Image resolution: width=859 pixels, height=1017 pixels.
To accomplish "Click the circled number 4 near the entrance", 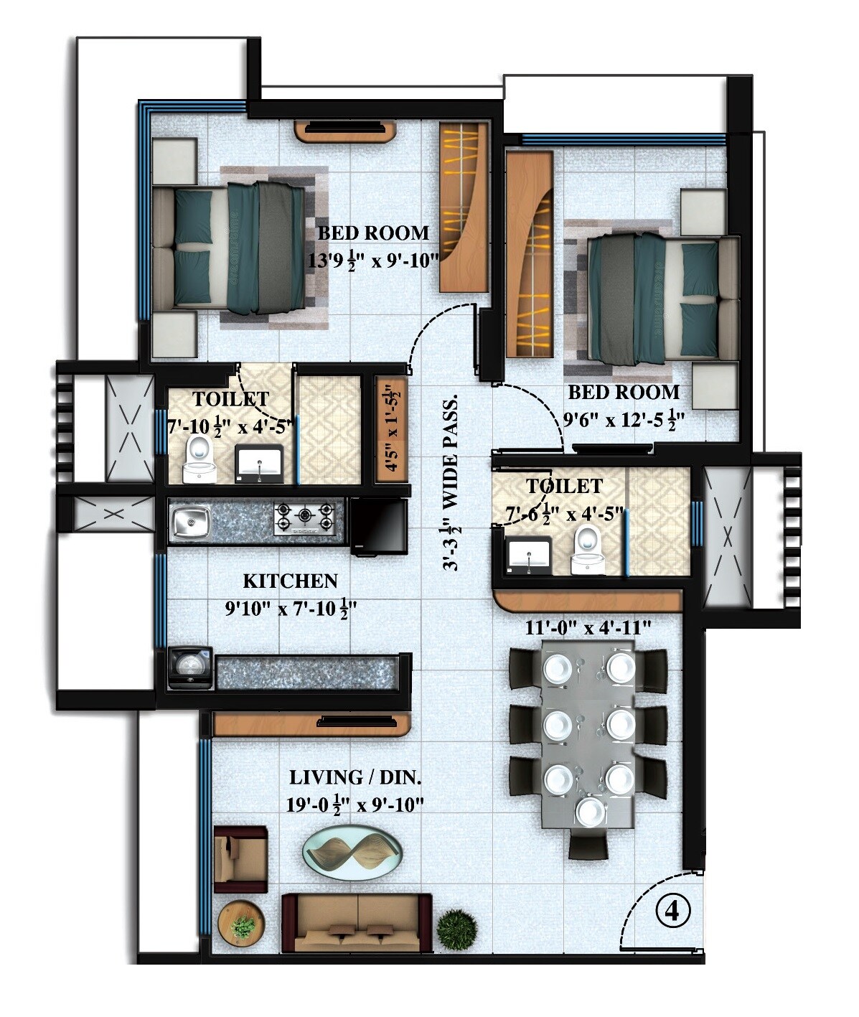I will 672,911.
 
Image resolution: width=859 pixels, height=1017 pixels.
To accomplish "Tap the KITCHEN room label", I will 289,581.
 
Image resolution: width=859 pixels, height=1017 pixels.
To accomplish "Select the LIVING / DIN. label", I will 355,778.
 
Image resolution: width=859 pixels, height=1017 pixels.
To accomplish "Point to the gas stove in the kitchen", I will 305,517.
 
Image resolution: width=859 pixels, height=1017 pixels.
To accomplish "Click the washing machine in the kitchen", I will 189,667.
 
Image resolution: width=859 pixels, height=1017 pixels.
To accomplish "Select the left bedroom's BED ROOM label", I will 373,233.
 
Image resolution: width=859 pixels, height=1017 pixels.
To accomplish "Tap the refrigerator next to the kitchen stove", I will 379,526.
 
